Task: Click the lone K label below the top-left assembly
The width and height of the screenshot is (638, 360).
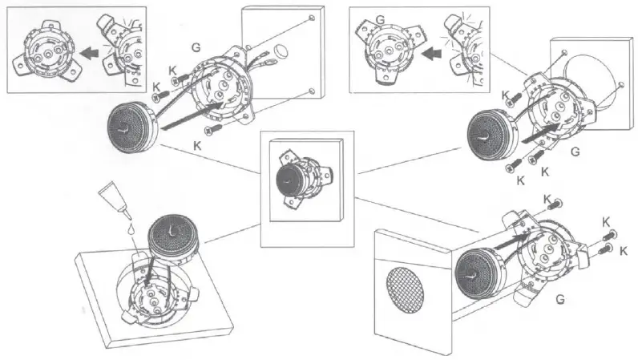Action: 196,143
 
